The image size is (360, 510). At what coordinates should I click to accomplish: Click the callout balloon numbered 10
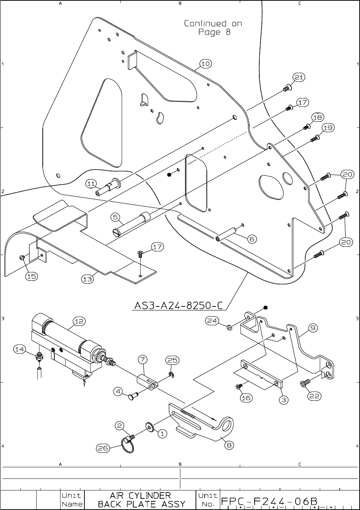(x=205, y=64)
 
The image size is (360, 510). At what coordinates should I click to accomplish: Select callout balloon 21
(x=299, y=78)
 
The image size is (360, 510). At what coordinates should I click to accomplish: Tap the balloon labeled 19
(x=328, y=128)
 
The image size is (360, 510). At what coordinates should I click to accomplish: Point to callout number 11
(x=91, y=184)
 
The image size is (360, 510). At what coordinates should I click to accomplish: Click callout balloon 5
(x=116, y=217)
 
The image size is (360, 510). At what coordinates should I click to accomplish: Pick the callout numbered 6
(x=252, y=239)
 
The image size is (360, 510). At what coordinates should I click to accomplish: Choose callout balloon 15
(x=32, y=276)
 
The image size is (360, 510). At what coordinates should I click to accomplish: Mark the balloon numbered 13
(x=87, y=279)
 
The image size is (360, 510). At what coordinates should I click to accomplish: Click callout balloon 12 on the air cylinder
(x=79, y=321)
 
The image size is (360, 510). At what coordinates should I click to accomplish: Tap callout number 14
(x=20, y=349)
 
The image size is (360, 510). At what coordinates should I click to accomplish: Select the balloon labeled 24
(x=212, y=320)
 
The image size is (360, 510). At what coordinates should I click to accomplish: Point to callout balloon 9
(x=313, y=328)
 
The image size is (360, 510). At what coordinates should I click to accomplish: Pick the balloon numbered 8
(x=229, y=445)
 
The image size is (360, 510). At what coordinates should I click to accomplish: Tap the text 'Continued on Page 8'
(x=213, y=28)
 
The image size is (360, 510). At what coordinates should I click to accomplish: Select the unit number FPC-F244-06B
(x=269, y=501)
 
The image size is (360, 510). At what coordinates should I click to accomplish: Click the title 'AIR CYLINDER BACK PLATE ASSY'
(x=142, y=499)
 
